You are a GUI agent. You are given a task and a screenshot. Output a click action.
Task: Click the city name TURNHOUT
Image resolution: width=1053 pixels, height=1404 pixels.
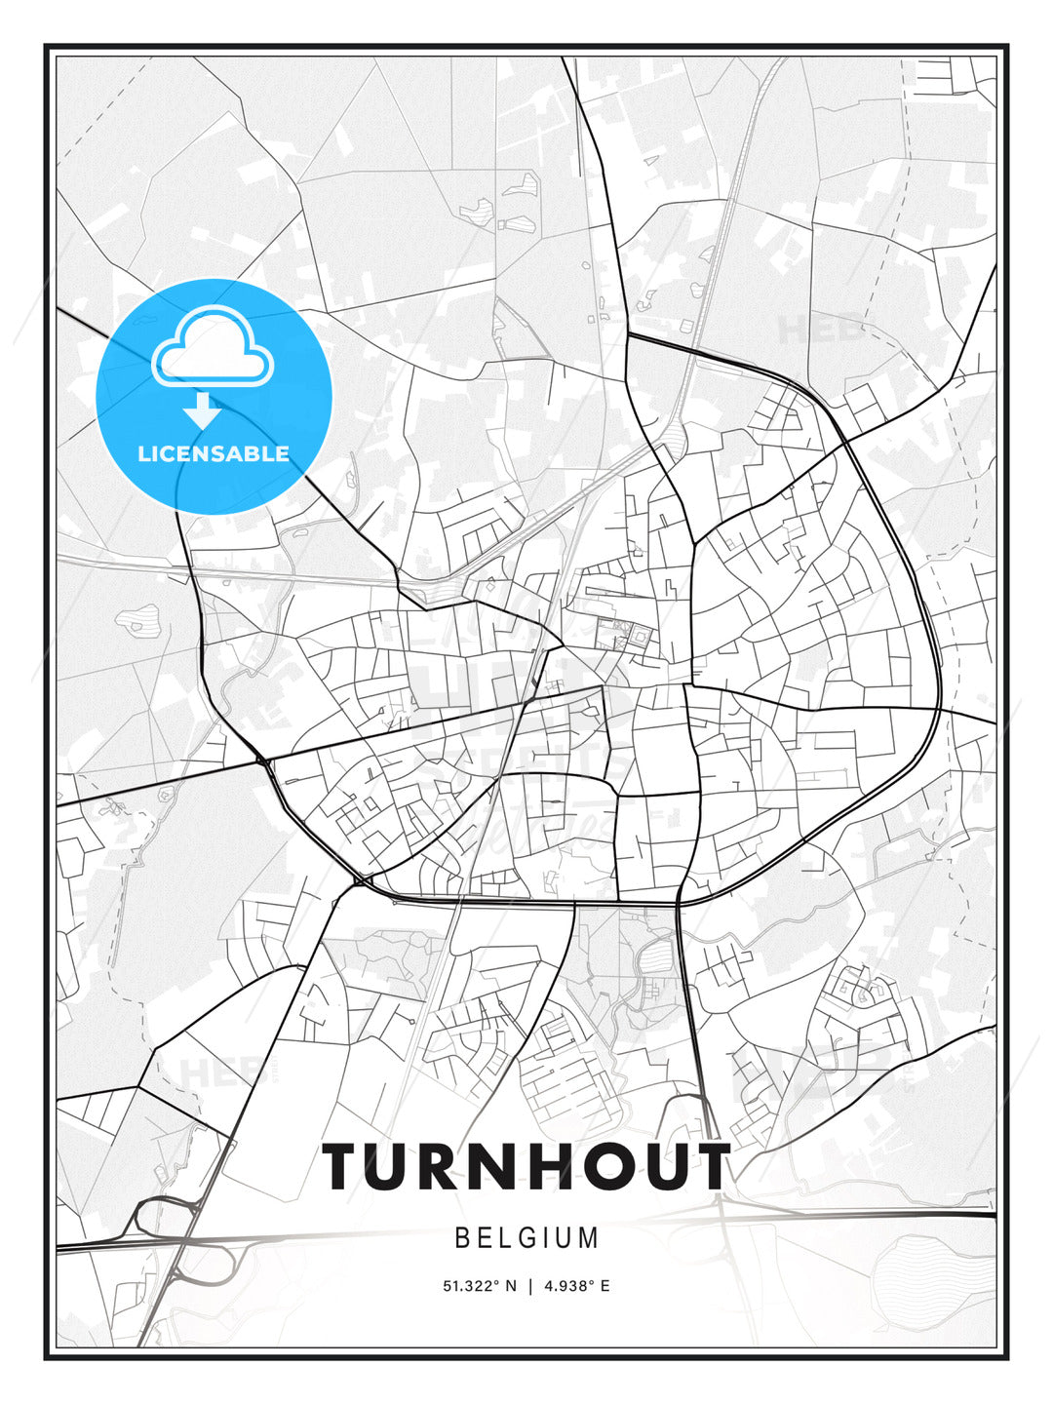coord(526,1166)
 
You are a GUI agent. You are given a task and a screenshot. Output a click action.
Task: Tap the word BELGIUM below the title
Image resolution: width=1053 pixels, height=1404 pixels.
coord(526,1238)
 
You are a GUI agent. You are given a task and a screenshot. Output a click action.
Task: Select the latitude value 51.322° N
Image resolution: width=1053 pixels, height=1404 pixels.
coord(479,1286)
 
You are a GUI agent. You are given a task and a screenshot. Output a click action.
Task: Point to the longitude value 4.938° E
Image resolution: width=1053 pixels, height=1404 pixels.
coord(577,1286)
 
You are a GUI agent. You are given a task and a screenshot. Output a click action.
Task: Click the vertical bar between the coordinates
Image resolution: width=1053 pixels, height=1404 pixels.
coord(529,1286)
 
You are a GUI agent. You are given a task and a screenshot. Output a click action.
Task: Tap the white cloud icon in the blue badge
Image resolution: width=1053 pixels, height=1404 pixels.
coord(213,349)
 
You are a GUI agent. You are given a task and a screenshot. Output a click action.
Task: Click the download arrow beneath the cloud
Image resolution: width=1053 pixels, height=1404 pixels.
coord(203,410)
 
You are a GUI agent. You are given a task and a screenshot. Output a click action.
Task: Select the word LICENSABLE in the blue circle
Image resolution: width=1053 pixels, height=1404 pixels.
coord(214,453)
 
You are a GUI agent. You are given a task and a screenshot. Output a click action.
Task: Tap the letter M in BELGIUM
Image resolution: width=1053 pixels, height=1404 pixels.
coord(588,1238)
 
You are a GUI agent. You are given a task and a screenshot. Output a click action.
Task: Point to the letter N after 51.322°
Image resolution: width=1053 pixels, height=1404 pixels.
coord(510,1286)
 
